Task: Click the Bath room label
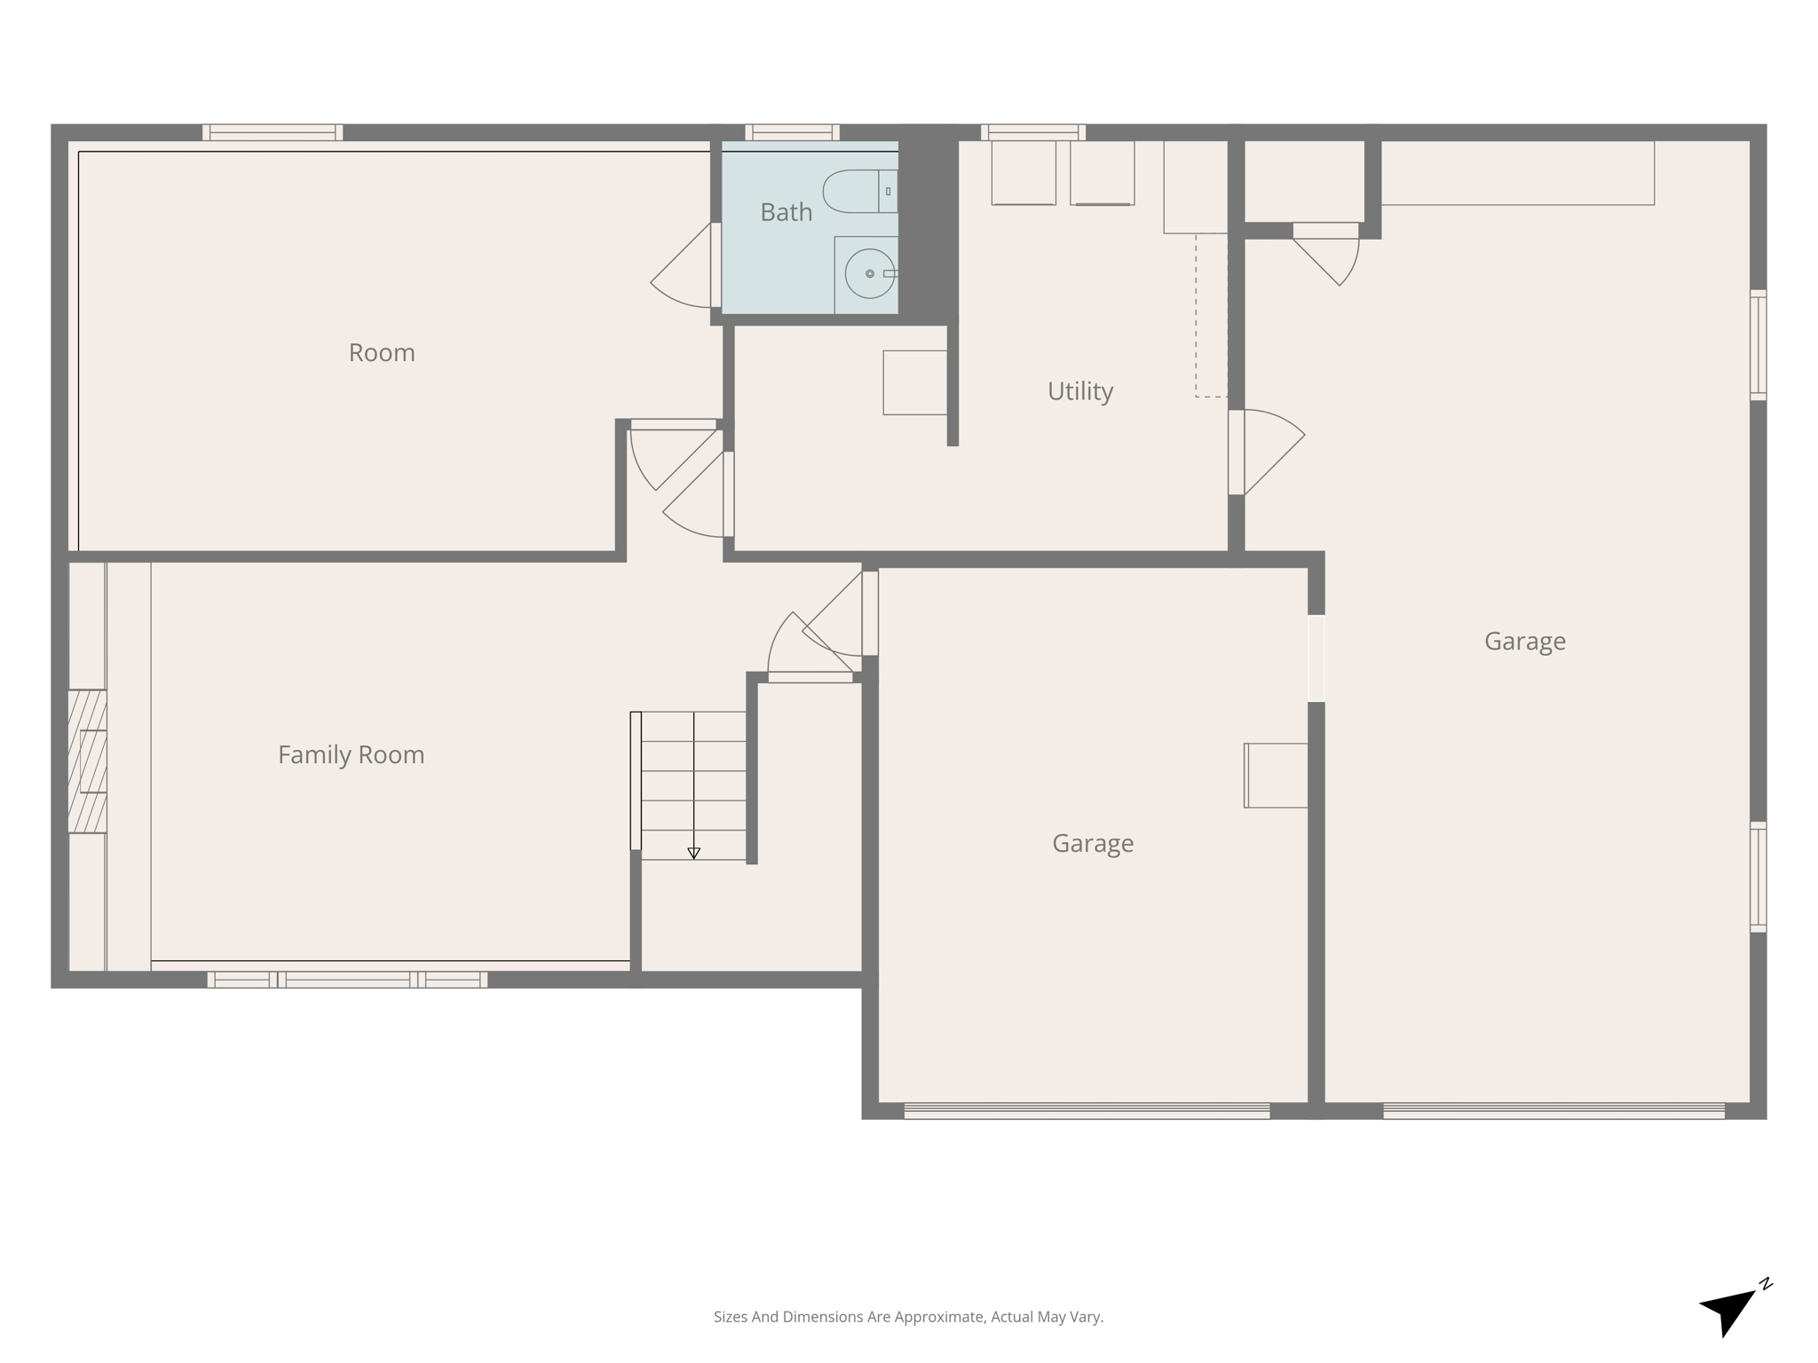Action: point(786,212)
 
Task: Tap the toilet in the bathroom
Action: point(859,192)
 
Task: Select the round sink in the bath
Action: point(869,273)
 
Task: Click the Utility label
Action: point(1079,391)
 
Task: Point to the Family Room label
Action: point(351,755)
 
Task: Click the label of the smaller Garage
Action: point(1092,843)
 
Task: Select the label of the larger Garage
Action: point(1524,642)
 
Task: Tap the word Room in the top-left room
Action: point(382,353)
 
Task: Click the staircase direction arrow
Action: point(693,852)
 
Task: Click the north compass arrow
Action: point(1729,1312)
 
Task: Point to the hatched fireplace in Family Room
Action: point(87,761)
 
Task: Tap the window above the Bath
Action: point(792,132)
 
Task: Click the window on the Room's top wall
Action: point(273,132)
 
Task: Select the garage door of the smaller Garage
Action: point(1087,1111)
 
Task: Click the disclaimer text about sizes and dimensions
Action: point(908,1317)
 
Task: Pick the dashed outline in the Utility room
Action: point(1211,315)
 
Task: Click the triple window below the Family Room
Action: point(347,980)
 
